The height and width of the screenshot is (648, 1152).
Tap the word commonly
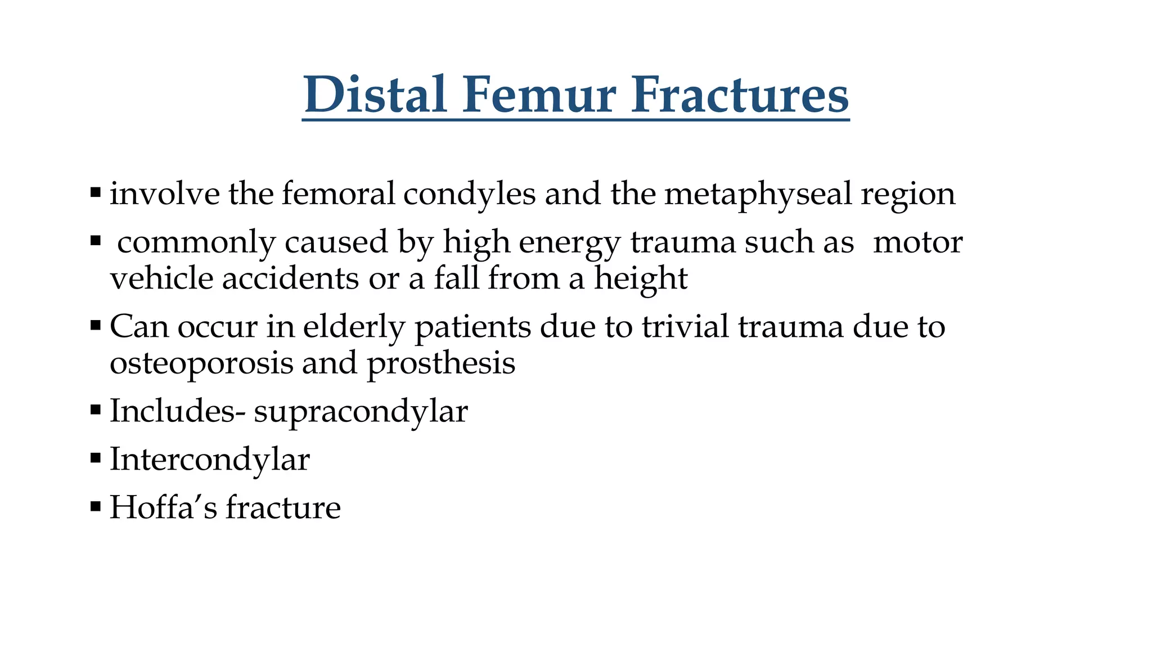click(x=196, y=242)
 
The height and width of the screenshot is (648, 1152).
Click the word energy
click(x=570, y=242)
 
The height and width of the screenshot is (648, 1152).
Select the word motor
click(x=917, y=242)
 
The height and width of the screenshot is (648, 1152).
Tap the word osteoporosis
click(x=201, y=363)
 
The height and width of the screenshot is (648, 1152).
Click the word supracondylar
click(x=361, y=411)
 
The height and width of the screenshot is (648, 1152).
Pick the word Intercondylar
click(x=209, y=459)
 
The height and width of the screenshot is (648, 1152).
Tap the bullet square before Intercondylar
click(x=95, y=458)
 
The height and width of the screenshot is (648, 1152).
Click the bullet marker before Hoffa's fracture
click(x=95, y=507)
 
